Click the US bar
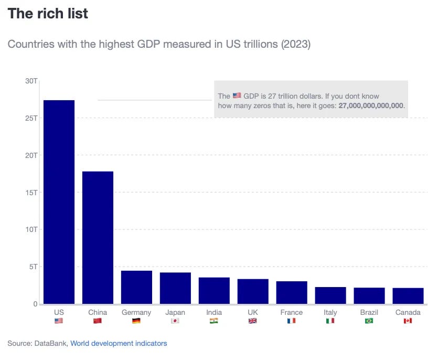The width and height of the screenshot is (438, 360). [59, 202]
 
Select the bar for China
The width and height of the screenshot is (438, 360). [98, 237]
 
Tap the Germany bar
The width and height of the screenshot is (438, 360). [136, 287]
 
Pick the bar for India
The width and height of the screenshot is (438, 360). [214, 290]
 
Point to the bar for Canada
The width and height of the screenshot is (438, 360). [408, 295]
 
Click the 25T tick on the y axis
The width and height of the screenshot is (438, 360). [31, 118]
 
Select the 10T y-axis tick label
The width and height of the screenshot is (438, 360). [31, 229]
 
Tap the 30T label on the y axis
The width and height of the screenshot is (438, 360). [31, 81]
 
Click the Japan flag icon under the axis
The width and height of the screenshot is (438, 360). [175, 321]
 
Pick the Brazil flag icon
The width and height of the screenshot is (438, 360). [369, 321]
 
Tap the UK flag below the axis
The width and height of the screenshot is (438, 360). [253, 321]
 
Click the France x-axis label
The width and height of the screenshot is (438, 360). [292, 312]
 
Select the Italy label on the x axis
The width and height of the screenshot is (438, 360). [330, 312]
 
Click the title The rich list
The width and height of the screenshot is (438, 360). [48, 14]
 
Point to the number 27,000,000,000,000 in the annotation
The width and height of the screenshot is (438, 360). [371, 105]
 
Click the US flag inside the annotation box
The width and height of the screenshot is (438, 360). [237, 96]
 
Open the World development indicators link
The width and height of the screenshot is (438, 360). [119, 343]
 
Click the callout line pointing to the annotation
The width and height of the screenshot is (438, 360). [154, 100]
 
